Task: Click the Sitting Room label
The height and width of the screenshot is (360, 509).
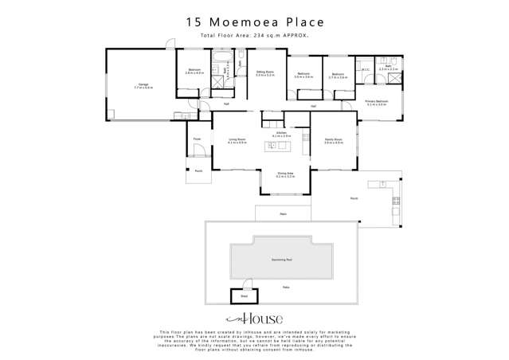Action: coord(265,72)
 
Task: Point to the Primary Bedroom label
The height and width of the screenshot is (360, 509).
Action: coord(376,102)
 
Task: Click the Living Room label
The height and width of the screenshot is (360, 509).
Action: coord(237,140)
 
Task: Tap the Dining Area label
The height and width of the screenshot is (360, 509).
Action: coord(284,174)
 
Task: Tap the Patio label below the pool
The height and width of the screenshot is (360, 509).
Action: coord(284,287)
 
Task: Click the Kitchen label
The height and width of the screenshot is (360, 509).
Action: coord(278,134)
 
